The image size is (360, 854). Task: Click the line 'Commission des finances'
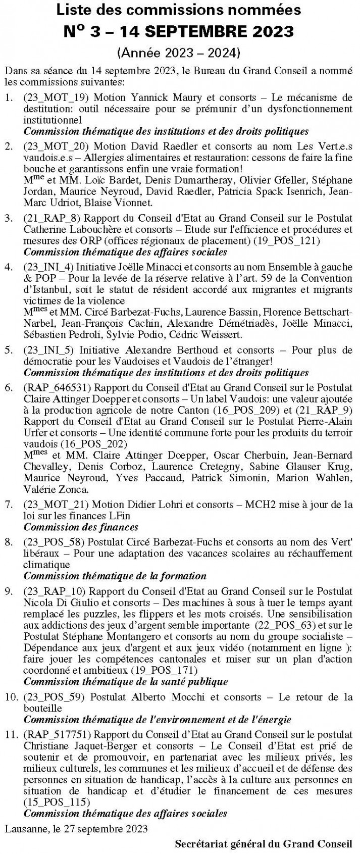click(x=81, y=527)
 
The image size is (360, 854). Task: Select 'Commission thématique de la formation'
click(x=115, y=576)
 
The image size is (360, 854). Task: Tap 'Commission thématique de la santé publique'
click(x=126, y=681)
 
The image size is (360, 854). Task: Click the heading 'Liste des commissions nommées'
click(x=179, y=10)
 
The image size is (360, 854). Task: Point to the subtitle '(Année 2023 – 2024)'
click(x=179, y=52)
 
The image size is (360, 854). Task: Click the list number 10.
click(x=11, y=697)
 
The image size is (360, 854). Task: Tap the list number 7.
click(x=9, y=504)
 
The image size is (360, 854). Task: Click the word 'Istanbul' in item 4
click(x=48, y=289)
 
